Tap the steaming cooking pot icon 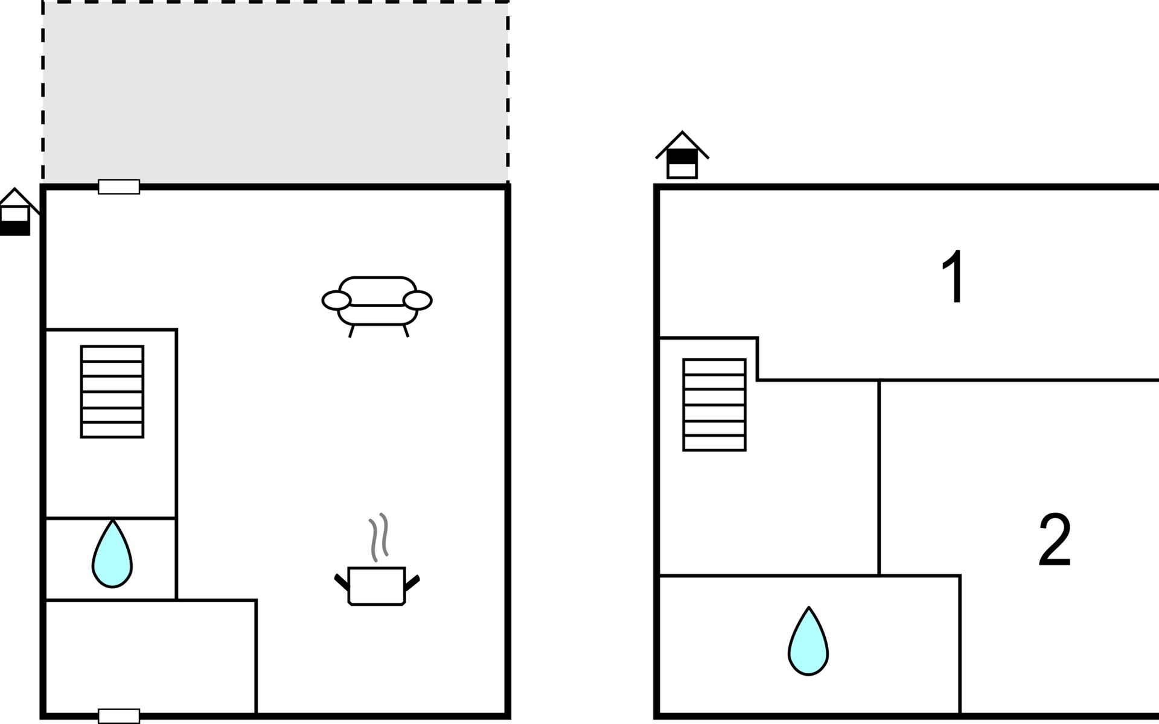[377, 561]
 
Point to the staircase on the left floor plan [112, 392]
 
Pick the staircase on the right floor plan [715, 405]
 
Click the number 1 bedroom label [954, 277]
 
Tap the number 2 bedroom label [1055, 539]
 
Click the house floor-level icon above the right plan [682, 155]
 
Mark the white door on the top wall [119, 187]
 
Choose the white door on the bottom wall [119, 716]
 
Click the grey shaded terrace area [275, 92]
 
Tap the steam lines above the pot [378, 537]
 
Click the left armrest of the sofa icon [336, 300]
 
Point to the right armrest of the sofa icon [418, 300]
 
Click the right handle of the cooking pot [412, 583]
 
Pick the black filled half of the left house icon [15, 228]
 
